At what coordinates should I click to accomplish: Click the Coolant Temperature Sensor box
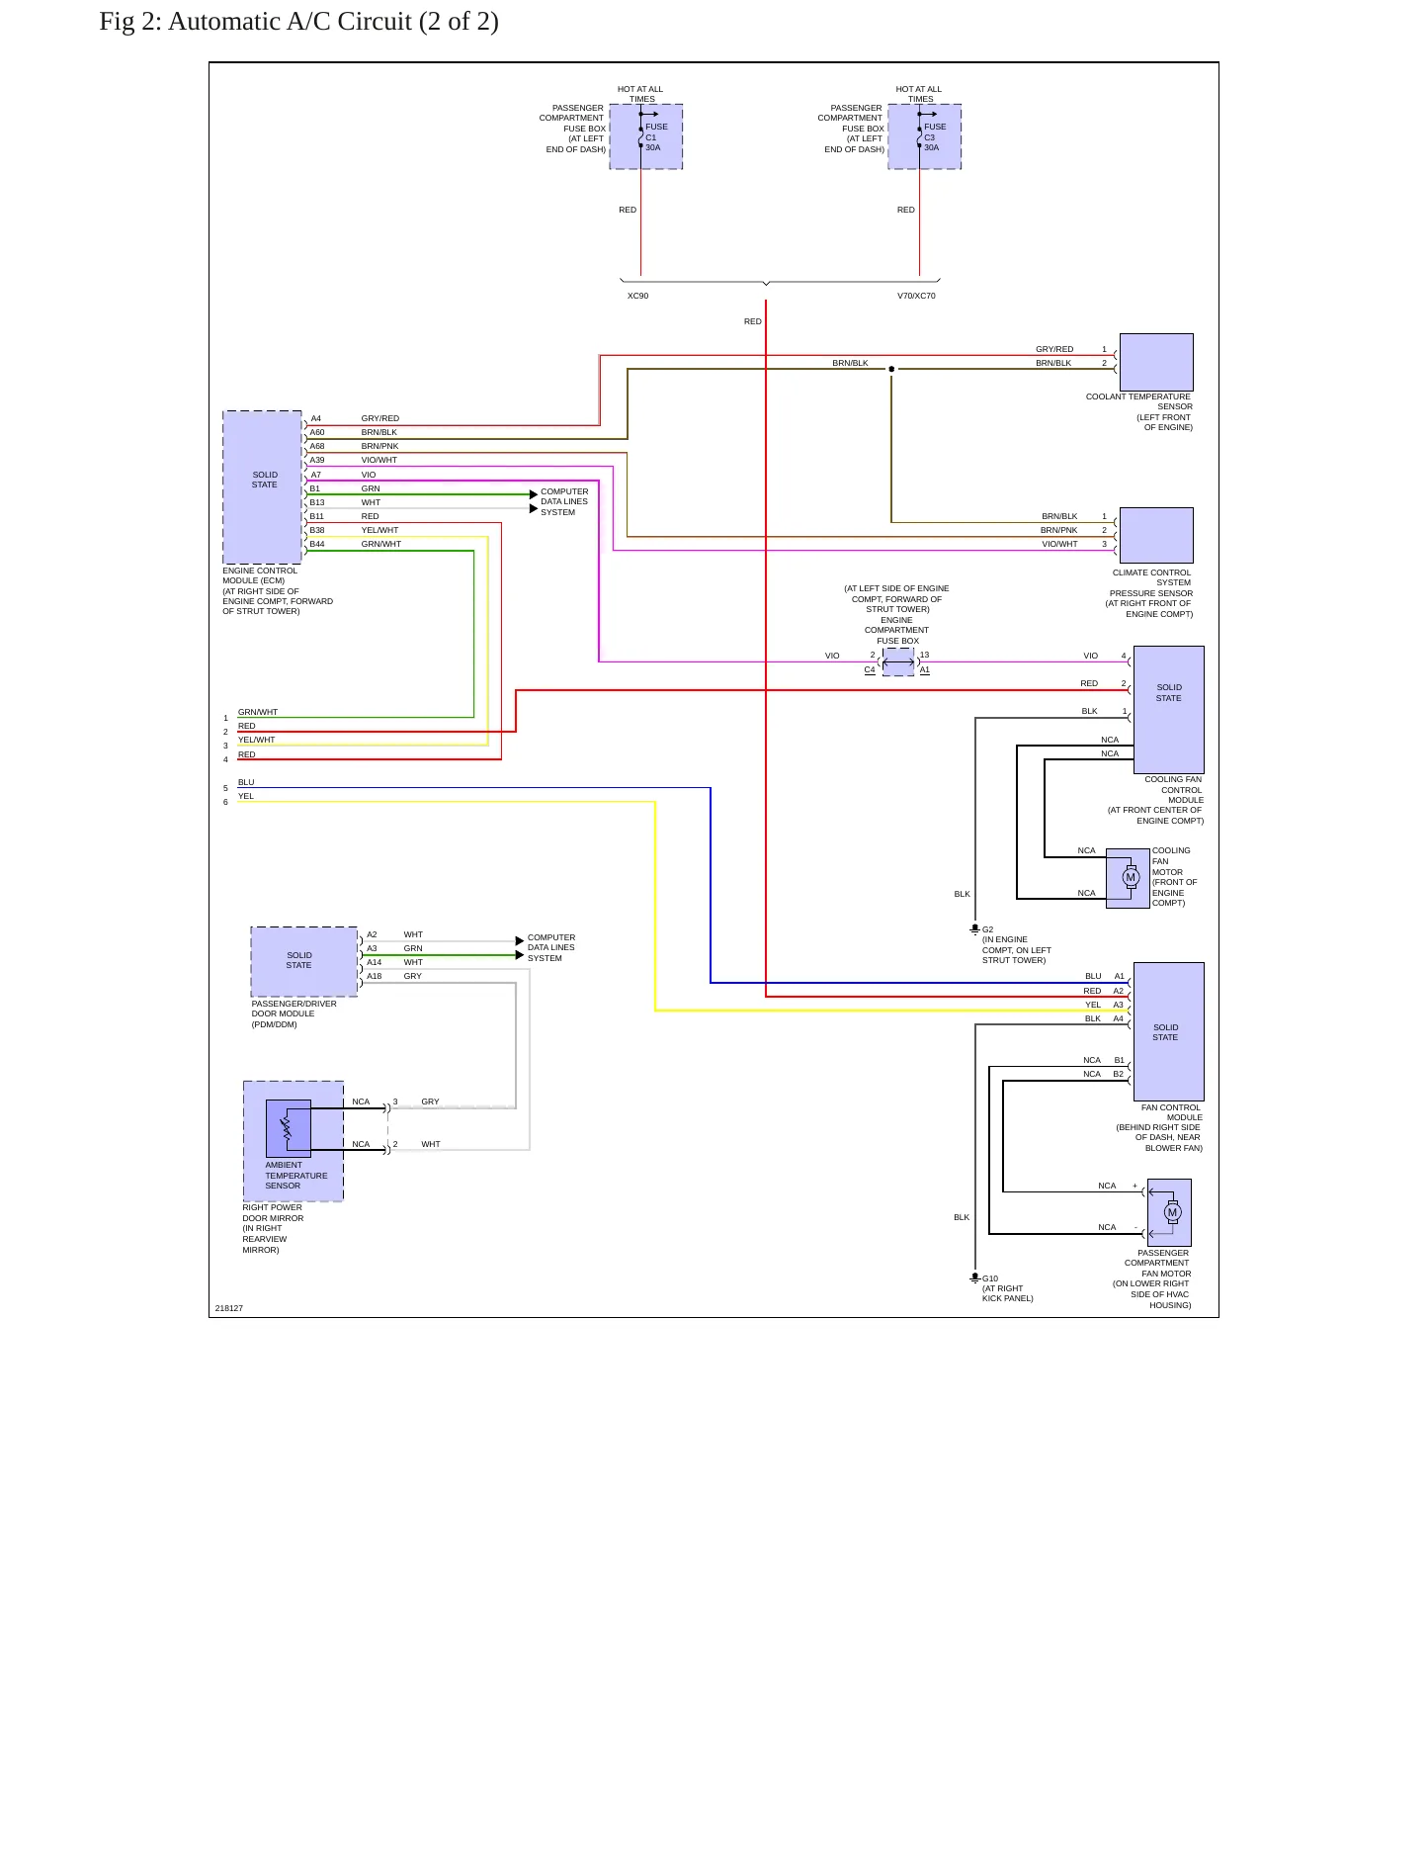pos(1156,362)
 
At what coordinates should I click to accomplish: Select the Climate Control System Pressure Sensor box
pos(1156,535)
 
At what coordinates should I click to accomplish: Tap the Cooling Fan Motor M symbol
pos(1131,877)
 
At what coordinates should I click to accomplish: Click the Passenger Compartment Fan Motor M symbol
pos(1172,1212)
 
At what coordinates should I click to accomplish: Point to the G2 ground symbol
pos(974,929)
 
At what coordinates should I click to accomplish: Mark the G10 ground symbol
pos(974,1277)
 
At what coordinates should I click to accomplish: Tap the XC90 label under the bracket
pos(638,296)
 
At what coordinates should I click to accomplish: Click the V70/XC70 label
pos(916,296)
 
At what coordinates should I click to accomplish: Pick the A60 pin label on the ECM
pos(317,432)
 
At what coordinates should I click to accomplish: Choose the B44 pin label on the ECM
pos(317,544)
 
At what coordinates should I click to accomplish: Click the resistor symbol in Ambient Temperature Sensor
pos(287,1128)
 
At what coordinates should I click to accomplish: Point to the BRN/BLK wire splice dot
pos(891,369)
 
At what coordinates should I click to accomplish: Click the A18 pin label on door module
pos(375,976)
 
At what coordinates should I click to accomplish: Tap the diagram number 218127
pos(229,1308)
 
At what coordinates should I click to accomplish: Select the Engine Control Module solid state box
pos(263,487)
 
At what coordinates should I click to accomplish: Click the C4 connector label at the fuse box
pos(870,669)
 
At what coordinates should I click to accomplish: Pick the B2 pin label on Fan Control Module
pos(1119,1074)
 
